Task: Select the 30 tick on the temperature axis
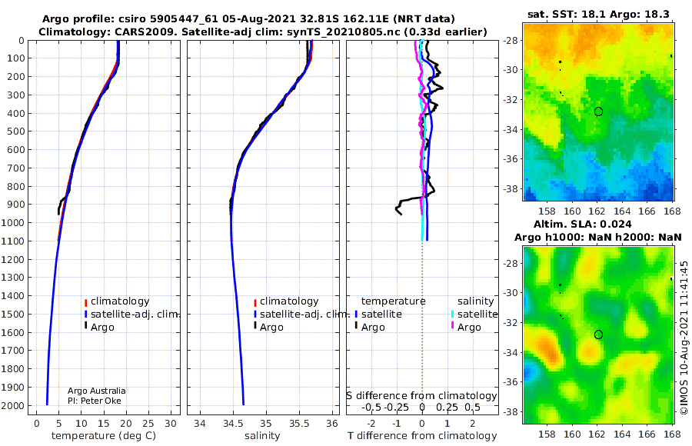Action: pos(171,424)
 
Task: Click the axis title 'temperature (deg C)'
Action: pos(104,436)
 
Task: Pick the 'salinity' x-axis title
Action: pos(262,436)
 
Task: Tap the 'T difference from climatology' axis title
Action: pos(422,436)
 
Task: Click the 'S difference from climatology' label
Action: pos(421,395)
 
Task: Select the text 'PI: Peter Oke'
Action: pos(94,401)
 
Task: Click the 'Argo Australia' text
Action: pos(96,391)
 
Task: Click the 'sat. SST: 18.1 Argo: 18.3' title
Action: pos(598,14)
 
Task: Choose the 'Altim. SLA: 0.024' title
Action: pos(582,224)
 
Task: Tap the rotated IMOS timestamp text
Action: pos(684,338)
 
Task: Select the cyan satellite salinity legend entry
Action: pos(474,314)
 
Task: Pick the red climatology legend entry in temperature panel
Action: pos(117,301)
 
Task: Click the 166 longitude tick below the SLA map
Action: pos(647,434)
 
